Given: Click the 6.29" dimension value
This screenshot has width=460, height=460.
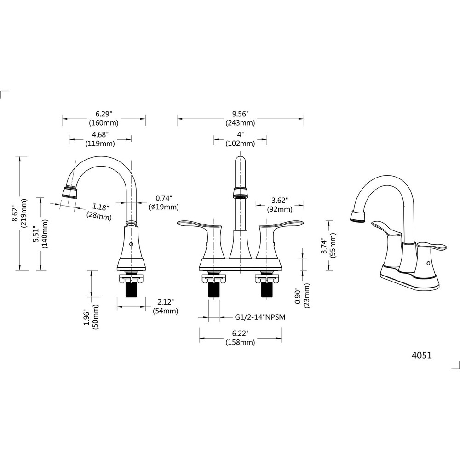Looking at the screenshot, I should point(104,114).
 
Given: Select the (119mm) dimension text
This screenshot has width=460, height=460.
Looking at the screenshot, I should point(100,144).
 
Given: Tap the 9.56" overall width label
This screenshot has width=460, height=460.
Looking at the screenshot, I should point(240,114).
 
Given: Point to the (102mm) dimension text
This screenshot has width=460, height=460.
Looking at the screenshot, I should point(240,144).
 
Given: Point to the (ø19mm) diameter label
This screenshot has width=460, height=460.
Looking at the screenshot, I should point(164,207).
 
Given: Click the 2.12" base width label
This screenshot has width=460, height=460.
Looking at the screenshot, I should point(165,302).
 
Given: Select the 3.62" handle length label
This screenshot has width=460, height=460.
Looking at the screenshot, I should point(279,201).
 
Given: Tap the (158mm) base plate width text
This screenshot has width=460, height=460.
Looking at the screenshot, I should point(240,342).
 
